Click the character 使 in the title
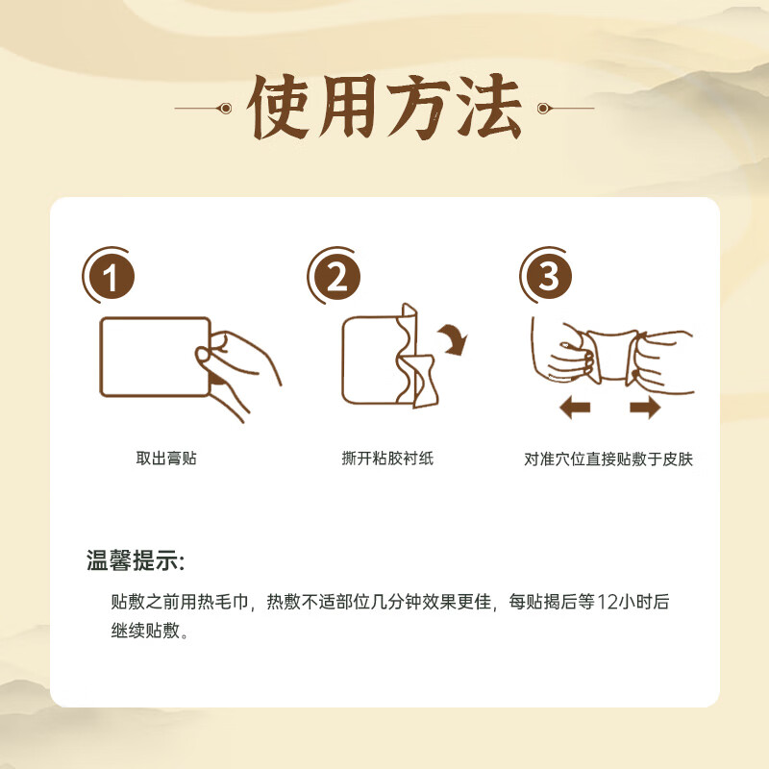[x=284, y=108]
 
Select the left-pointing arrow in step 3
[x=574, y=409]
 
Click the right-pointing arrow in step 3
[x=645, y=409]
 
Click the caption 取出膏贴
[x=166, y=459]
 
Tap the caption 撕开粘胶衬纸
[x=387, y=459]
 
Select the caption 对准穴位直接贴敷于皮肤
[x=608, y=459]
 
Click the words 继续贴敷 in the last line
[x=145, y=633]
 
